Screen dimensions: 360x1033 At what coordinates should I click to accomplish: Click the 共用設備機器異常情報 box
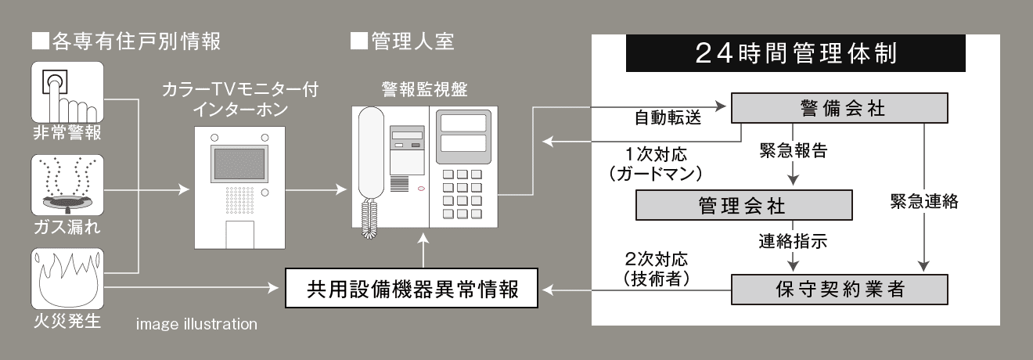[x=412, y=290]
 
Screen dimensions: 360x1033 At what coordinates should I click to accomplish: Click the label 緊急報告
[x=794, y=149]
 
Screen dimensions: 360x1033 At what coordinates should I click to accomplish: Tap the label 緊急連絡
[x=924, y=201]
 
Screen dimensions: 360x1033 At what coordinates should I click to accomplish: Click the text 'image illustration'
[x=196, y=322]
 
